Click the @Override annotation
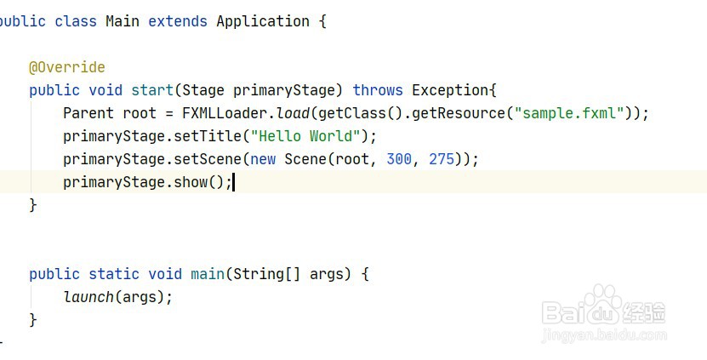(67, 67)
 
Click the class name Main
(123, 21)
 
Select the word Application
(263, 21)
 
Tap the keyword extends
(178, 21)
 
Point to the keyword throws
(378, 90)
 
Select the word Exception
(450, 90)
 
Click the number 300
(399, 159)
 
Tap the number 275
(442, 159)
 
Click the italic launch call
(88, 297)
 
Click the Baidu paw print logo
(605, 302)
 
